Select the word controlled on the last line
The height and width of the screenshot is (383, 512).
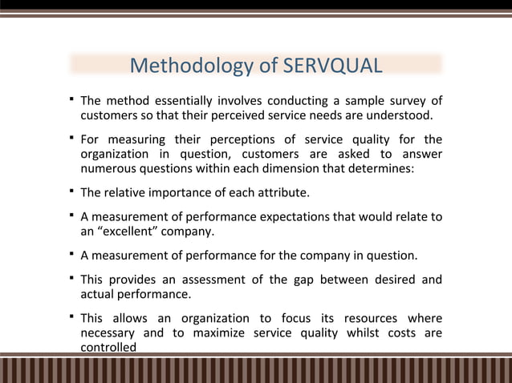[x=108, y=347]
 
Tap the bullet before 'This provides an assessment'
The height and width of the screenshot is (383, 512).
[x=71, y=278]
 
